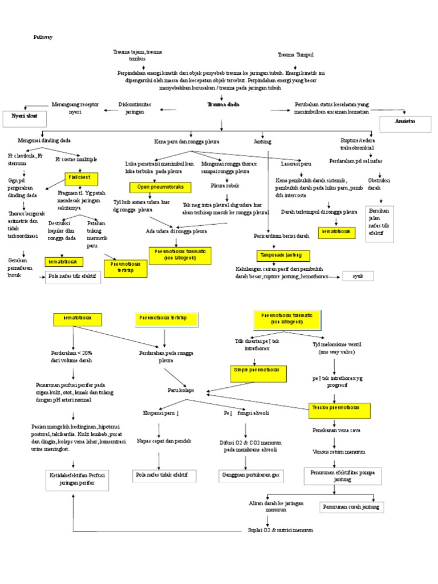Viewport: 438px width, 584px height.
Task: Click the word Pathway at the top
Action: [x=43, y=37]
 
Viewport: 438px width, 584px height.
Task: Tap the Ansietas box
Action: [x=405, y=122]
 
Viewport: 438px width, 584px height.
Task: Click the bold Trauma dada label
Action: [x=223, y=105]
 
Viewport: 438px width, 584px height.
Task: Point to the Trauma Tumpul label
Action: [x=295, y=55]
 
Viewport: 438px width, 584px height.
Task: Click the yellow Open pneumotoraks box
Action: [x=160, y=186]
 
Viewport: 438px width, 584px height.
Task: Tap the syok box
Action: [x=358, y=276]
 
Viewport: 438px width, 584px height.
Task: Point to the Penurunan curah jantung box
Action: [x=351, y=506]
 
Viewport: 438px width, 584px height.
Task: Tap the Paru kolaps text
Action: [x=181, y=390]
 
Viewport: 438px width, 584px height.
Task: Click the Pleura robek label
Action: [x=225, y=186]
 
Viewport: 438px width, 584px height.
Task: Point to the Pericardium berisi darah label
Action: [x=282, y=236]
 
